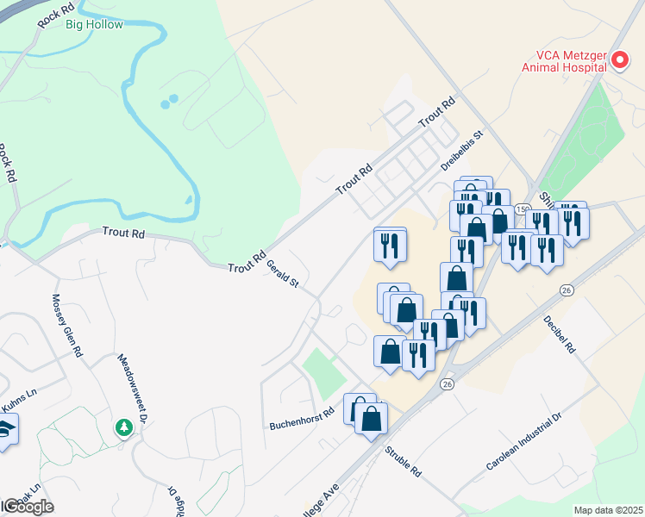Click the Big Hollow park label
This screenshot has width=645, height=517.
coord(94,24)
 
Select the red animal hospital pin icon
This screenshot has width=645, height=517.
coord(621,60)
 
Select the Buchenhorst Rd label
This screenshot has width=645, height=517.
coord(300,420)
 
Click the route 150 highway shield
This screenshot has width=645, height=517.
coord(522,209)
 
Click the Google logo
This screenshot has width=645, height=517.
coord(28,507)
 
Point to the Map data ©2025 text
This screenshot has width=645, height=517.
coord(608,510)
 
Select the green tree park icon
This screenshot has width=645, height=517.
coord(125,427)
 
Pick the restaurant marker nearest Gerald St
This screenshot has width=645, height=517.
coord(389,245)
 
